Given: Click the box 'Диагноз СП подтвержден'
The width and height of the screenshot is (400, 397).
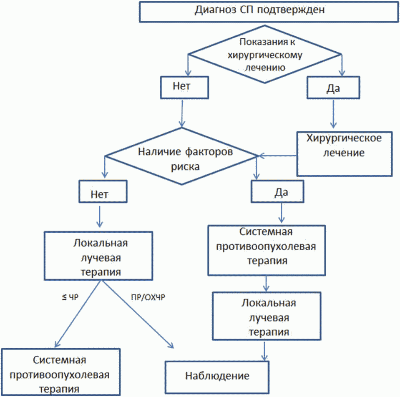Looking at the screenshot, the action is tap(269, 12).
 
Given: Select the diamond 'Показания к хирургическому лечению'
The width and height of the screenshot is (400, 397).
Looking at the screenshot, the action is tap(264, 54).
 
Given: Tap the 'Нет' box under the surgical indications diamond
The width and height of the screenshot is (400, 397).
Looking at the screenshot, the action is tap(184, 88).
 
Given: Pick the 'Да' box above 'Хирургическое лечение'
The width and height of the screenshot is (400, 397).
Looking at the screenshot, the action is tap(333, 88).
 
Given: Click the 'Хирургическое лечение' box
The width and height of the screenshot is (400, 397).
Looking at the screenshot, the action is tap(345, 154).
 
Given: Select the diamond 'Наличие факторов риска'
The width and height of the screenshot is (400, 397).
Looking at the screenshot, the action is tap(181, 156).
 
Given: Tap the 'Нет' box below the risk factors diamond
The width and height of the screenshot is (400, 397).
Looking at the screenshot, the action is tap(103, 191).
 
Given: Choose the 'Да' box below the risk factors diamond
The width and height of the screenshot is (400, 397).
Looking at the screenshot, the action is tap(277, 191).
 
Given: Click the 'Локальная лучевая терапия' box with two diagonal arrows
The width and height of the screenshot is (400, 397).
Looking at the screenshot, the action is tap(98, 256).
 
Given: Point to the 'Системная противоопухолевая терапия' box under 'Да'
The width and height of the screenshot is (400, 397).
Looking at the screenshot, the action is tap(267, 250).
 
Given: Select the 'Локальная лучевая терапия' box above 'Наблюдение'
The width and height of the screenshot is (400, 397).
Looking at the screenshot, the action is tap(267, 316).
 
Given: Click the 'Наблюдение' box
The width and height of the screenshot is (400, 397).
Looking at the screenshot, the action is tap(217, 377).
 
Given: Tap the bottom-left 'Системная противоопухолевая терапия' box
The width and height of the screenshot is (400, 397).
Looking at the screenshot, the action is tap(61, 372).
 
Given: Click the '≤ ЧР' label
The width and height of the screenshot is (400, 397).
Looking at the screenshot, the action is tap(70, 297).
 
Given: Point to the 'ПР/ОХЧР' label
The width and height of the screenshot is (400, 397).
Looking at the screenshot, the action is tap(148, 297).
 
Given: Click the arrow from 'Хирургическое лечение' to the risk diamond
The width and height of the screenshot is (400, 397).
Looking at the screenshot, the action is tap(277, 156).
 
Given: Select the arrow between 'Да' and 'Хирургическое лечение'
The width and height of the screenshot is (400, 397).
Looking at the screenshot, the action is tap(333, 114).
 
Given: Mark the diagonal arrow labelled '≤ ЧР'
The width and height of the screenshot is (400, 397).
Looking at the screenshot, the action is tap(78, 314).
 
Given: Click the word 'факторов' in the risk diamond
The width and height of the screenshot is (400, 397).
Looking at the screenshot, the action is tap(209, 152).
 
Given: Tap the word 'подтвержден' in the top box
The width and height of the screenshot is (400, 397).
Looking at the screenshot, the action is tap(291, 10).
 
